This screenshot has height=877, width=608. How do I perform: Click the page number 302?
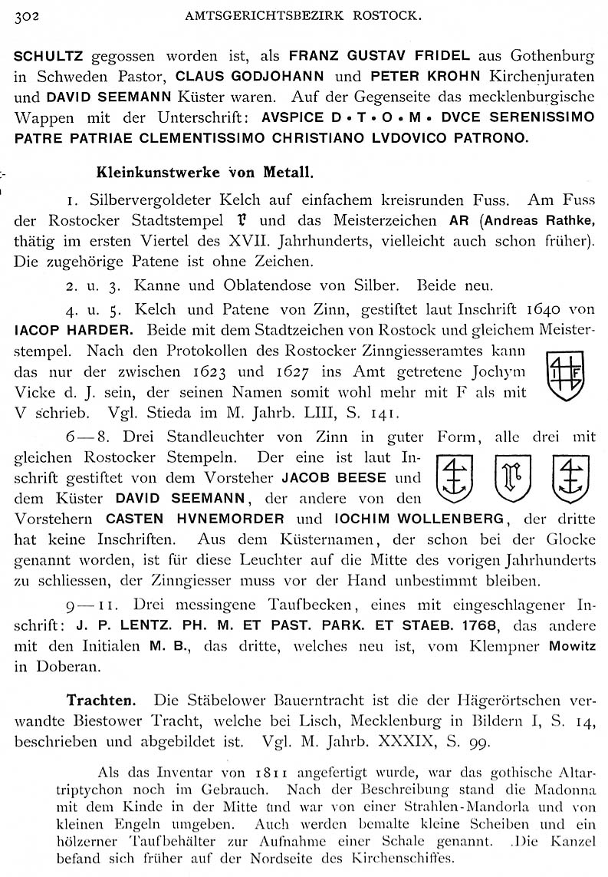(x=28, y=14)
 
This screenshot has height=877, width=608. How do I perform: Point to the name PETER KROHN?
(x=415, y=77)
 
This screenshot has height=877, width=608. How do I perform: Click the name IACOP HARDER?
(x=74, y=331)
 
